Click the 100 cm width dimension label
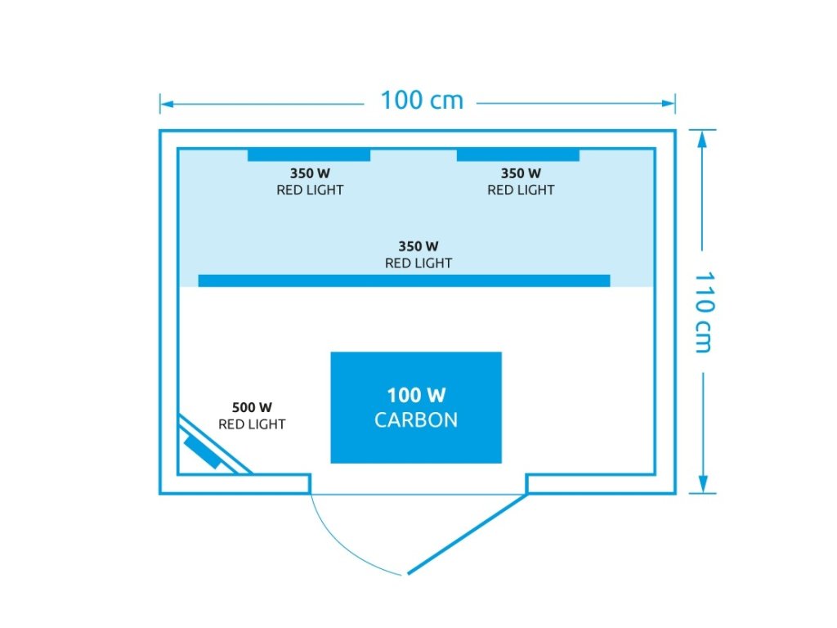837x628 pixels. click(x=421, y=101)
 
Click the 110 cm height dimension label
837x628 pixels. click(x=702, y=312)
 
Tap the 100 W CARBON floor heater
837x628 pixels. click(x=415, y=407)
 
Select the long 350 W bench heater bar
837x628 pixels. click(x=404, y=280)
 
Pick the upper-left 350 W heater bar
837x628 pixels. click(x=308, y=155)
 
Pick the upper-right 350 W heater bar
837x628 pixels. click(x=517, y=155)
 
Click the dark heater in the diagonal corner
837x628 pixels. click(x=204, y=452)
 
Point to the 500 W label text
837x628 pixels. click(x=252, y=407)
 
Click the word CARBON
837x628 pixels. click(x=416, y=420)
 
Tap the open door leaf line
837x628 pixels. click(x=466, y=533)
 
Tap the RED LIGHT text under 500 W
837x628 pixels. click(x=252, y=424)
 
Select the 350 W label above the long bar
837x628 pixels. click(x=418, y=245)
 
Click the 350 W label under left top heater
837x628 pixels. click(x=310, y=173)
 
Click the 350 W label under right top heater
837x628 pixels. click(x=521, y=173)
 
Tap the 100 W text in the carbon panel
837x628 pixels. click(x=416, y=396)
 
